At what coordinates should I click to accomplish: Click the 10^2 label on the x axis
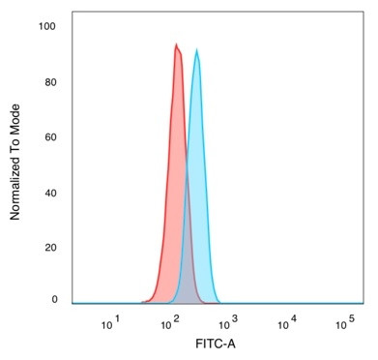pyautogui.click(x=170, y=321)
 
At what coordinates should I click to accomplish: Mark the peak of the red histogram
pyautogui.click(x=176, y=44)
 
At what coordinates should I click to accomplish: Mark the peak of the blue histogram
pyautogui.click(x=197, y=50)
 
